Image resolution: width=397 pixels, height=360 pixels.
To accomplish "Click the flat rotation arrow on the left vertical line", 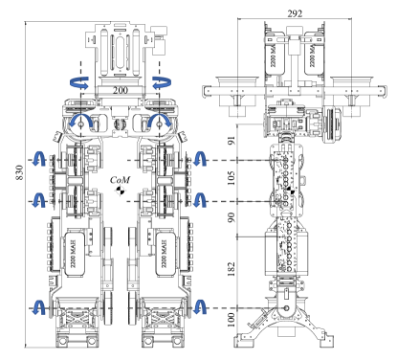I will point(80,83).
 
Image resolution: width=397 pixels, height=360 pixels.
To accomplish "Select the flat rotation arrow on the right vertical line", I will point(160,83).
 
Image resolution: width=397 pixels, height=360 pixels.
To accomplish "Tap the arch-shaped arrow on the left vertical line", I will point(80,121).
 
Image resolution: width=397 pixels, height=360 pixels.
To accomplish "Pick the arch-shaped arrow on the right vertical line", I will point(160,121).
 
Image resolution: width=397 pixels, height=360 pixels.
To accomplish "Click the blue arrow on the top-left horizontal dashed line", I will point(38,159).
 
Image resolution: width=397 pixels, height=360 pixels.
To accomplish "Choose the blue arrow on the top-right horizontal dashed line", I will point(199,159).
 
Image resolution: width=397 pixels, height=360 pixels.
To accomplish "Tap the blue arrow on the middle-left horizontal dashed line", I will point(38,200).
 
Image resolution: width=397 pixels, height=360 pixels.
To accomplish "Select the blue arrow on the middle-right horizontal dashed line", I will point(199,200).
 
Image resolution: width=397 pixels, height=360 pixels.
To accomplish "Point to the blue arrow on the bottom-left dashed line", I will point(38,307).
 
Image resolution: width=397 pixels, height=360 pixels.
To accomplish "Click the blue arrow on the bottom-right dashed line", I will point(199,307).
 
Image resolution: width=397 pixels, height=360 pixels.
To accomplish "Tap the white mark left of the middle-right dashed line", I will point(120,191).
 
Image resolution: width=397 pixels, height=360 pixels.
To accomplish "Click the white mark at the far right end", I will point(290,191).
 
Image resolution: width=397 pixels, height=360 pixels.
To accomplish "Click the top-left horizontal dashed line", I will point(62,160).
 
